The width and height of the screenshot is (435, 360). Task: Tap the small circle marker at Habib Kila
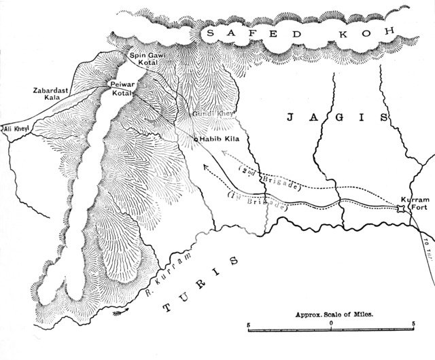[196, 139]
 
